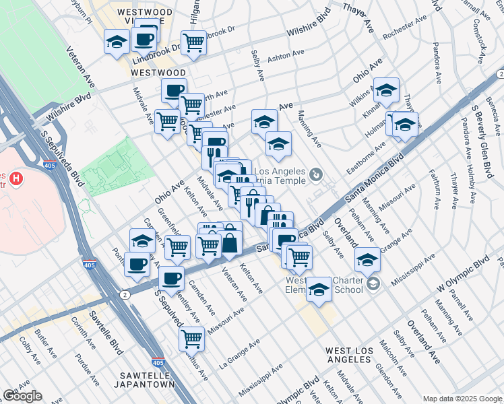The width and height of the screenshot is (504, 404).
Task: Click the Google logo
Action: (x=22, y=396)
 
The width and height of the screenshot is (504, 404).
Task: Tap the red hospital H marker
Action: (x=17, y=180)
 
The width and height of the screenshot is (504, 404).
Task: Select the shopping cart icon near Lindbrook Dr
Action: (x=193, y=43)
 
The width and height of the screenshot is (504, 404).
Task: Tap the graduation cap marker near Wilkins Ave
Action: (x=387, y=90)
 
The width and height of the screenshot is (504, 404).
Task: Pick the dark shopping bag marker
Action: (x=230, y=243)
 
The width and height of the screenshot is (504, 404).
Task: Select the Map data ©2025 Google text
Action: (x=462, y=398)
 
